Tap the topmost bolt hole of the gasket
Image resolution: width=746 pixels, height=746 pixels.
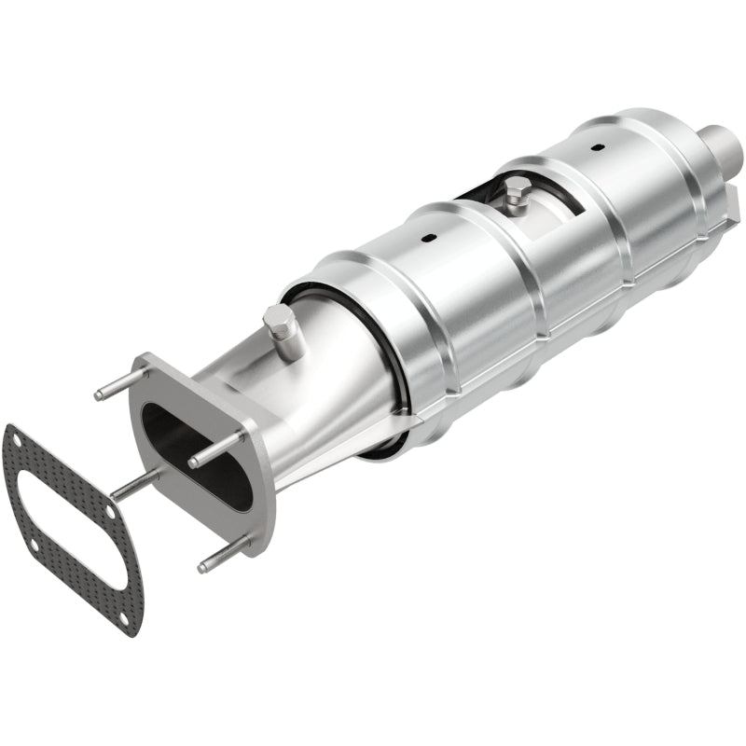(11, 435)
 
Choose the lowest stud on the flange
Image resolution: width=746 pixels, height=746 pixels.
(224, 554)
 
